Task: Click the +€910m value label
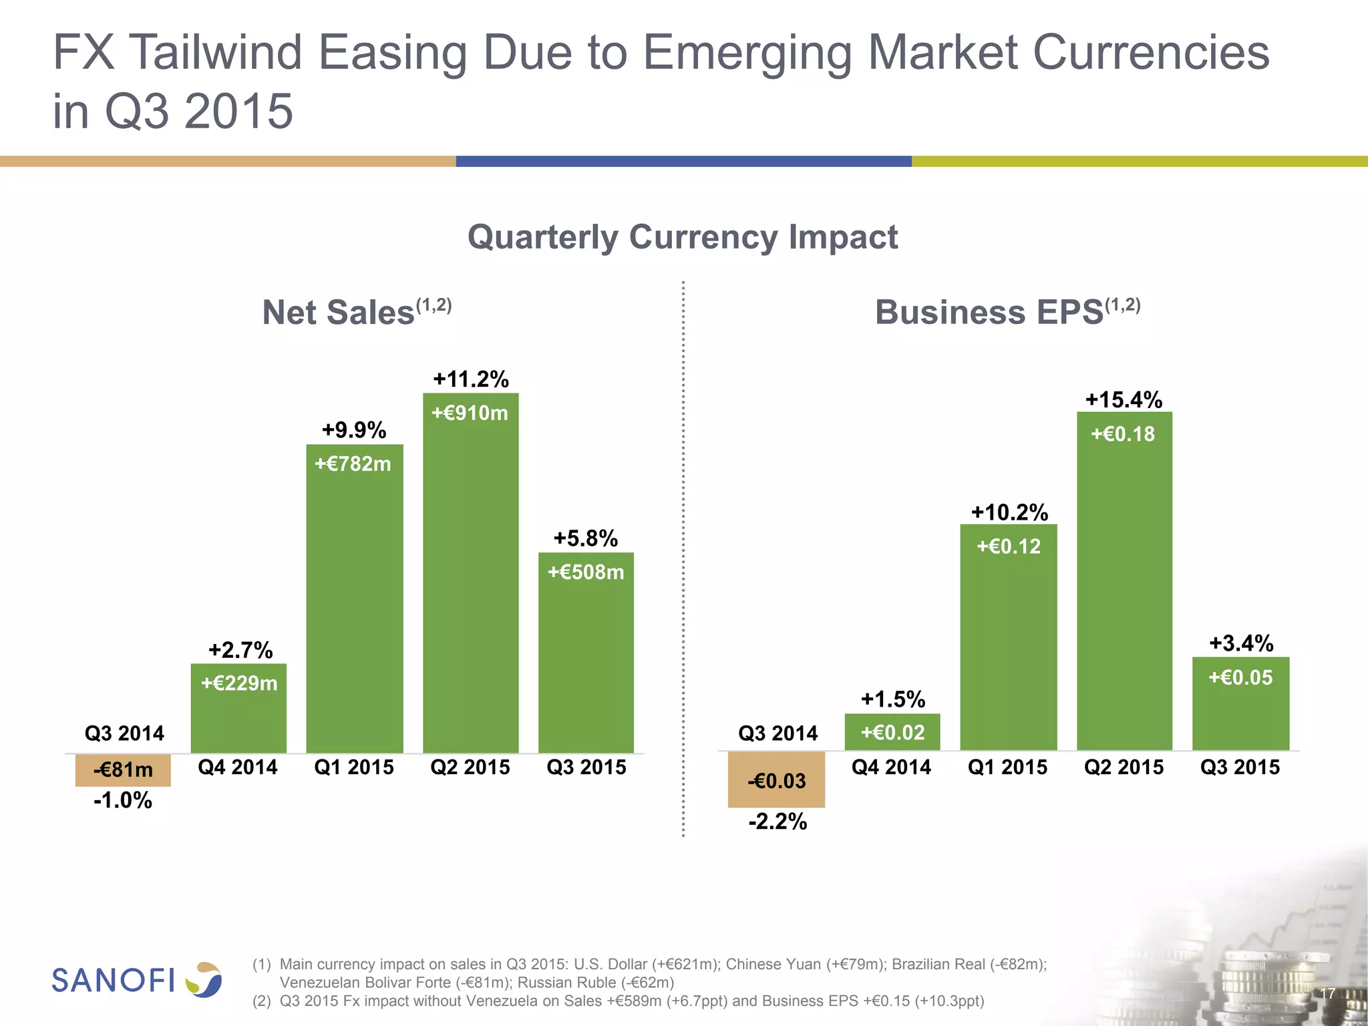pos(470,413)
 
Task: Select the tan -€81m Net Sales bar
pos(123,770)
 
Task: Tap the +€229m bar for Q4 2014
pos(238,708)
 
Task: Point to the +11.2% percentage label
pos(471,379)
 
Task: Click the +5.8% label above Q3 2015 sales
pos(586,538)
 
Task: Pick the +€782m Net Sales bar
pos(355,601)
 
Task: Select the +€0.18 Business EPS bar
pos(1124,581)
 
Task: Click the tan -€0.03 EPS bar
pos(776,780)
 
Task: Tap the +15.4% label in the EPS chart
pos(1124,400)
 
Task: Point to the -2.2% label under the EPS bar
pos(778,822)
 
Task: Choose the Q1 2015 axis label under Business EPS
pos(1007,767)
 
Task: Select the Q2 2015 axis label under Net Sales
pos(470,767)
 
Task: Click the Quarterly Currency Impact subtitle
pos(683,237)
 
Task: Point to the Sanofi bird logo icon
pos(204,980)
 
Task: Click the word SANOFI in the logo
pos(114,981)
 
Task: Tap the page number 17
pos(1327,994)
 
